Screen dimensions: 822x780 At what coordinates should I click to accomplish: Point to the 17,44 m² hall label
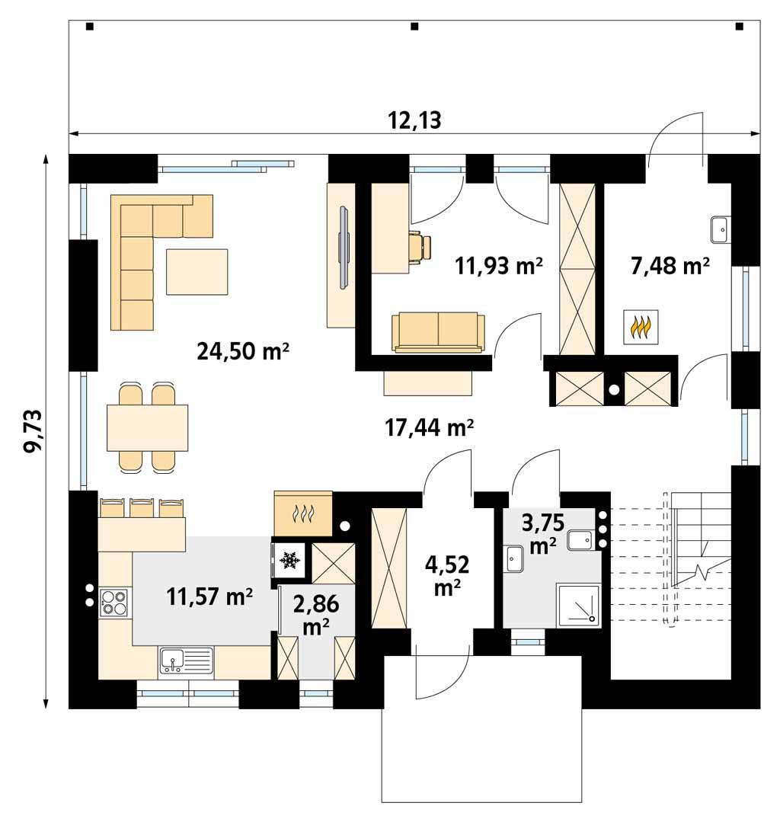coord(430,428)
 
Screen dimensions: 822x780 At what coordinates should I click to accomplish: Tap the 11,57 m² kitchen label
coord(209,597)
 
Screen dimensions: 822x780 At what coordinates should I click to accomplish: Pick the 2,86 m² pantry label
coord(315,615)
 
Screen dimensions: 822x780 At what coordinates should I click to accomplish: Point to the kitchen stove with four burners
coord(114,602)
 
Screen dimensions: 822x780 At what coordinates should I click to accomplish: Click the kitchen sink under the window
coord(186,660)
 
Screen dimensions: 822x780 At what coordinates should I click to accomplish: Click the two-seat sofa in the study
coord(438,332)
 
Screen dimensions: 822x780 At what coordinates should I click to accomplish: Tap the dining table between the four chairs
coord(147,427)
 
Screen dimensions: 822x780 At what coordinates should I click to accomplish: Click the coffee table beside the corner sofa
coord(197,271)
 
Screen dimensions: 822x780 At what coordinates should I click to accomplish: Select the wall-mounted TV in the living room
coord(344,247)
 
